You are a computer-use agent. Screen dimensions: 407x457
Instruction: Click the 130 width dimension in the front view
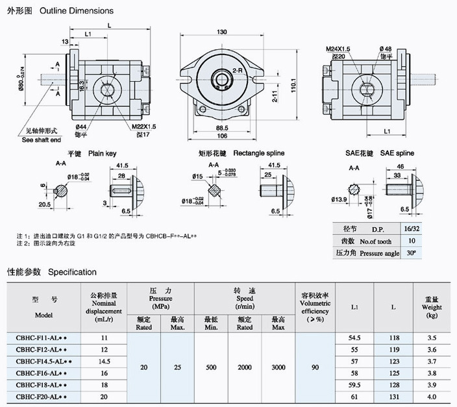click(x=222, y=32)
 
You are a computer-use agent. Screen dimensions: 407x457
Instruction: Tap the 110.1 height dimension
click(x=293, y=85)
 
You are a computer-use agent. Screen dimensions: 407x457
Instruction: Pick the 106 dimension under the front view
click(x=222, y=137)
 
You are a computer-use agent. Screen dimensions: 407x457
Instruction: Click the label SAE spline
click(x=397, y=153)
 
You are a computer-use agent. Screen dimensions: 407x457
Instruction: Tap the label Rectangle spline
click(x=259, y=153)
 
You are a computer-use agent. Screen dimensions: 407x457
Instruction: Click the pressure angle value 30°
click(x=429, y=253)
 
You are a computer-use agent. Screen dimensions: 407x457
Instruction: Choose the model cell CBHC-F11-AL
click(x=41, y=338)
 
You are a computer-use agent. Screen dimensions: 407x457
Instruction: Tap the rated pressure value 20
click(x=144, y=367)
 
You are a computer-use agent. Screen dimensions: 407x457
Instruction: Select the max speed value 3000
click(x=278, y=367)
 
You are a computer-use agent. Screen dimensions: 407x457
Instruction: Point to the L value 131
click(x=393, y=397)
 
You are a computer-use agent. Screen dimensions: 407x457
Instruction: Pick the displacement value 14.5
click(x=104, y=362)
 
